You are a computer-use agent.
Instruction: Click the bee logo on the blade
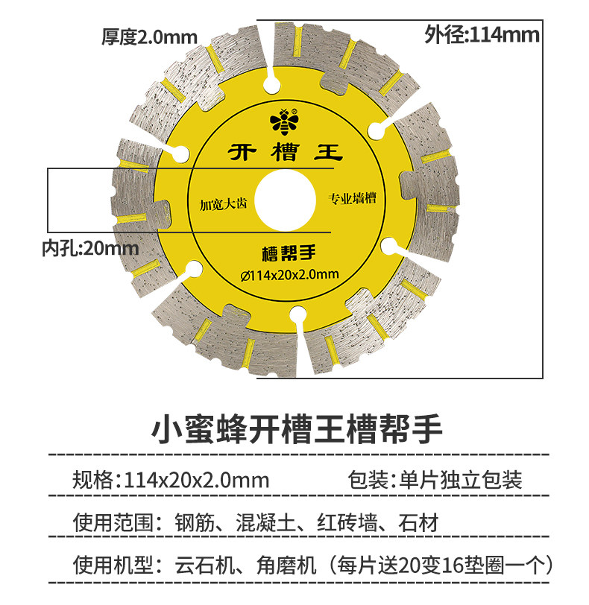click(284, 120)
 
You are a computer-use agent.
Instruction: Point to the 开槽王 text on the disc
click(284, 153)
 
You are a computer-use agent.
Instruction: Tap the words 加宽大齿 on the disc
click(222, 203)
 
